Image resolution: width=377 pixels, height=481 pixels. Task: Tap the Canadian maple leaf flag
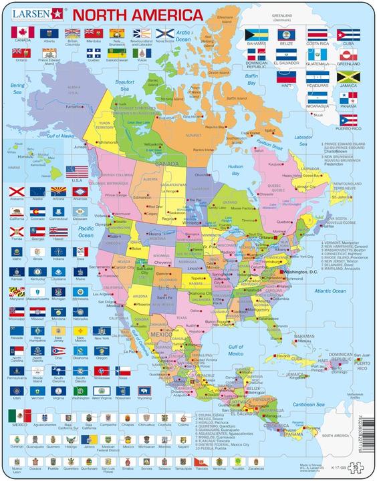click(x=20, y=32)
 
